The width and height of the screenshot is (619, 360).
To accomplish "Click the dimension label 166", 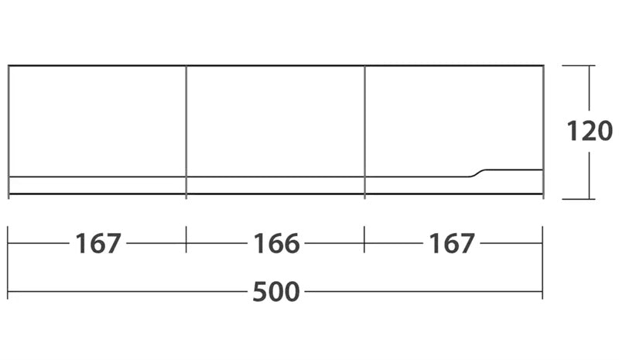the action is click(276, 243).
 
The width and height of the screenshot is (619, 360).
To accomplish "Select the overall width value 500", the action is click(276, 292).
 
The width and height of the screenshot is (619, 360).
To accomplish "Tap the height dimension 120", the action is click(590, 131).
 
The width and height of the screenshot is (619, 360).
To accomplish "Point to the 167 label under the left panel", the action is click(98, 243).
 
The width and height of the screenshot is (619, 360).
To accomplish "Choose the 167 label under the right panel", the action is click(452, 243).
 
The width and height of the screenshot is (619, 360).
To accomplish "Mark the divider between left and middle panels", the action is click(186, 132).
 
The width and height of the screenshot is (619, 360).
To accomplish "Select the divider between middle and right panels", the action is click(364, 132).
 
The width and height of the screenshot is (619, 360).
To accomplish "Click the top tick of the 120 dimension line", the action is click(579, 65).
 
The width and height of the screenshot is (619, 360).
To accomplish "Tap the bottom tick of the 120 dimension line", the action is click(579, 199).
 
